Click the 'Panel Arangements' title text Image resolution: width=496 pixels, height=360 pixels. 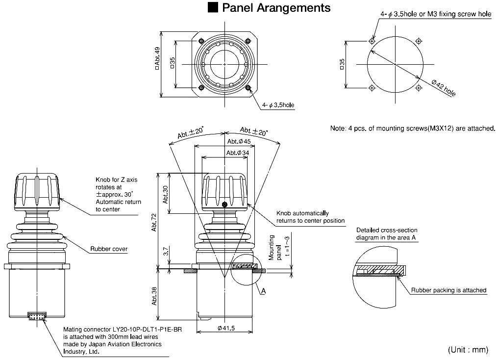coord(276,8)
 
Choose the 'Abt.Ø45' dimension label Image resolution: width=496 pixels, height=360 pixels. coord(239,142)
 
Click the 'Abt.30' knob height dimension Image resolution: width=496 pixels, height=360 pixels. coord(166,194)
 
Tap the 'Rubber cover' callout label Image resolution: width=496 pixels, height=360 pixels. coord(109,249)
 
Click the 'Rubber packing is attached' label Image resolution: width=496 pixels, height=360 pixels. coord(449,290)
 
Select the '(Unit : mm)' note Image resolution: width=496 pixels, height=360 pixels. coord(468,350)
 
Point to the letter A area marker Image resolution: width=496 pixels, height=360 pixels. coord(263,291)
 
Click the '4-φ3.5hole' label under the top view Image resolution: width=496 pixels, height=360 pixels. coord(278,105)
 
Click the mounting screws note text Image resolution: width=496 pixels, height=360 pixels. coord(413,129)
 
